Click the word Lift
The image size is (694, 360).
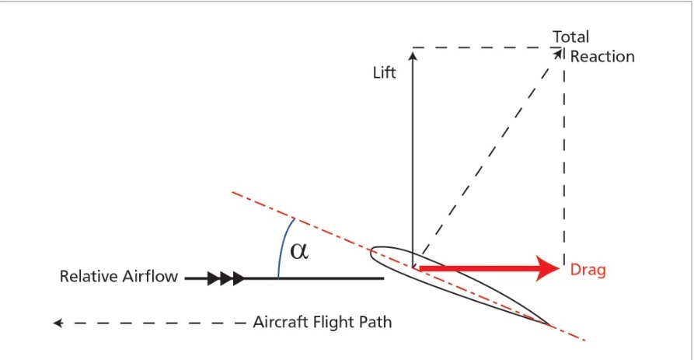pyautogui.click(x=384, y=72)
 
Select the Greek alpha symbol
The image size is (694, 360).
pyautogui.click(x=299, y=250)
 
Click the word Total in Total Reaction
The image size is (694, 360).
pyautogui.click(x=570, y=37)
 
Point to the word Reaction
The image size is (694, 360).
pyautogui.click(x=602, y=56)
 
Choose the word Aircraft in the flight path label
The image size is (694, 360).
pyautogui.click(x=284, y=322)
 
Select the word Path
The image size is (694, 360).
pyautogui.click(x=378, y=322)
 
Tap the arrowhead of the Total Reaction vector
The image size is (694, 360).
pyautogui.click(x=558, y=53)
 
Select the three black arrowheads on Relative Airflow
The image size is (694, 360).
pyautogui.click(x=226, y=278)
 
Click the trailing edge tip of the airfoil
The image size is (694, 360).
pyautogui.click(x=550, y=324)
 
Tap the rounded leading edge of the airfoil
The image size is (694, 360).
pyautogui.click(x=373, y=251)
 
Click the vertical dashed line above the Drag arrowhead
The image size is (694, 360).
pyautogui.click(x=563, y=156)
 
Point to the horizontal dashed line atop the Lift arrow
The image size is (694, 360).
pyautogui.click(x=482, y=47)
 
